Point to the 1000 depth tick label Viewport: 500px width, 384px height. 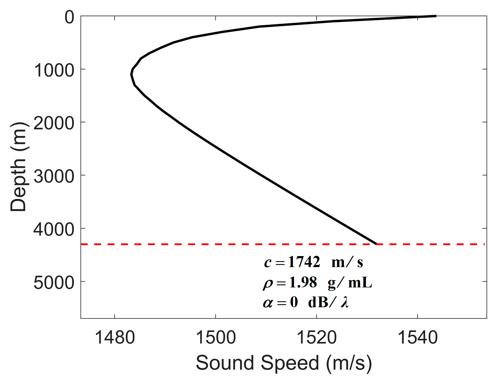point(54,71)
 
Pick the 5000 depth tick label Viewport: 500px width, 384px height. point(54,283)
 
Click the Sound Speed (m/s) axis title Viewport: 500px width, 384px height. point(284,363)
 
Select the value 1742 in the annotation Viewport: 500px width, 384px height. point(304,262)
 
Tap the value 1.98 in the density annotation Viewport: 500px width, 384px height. point(303,282)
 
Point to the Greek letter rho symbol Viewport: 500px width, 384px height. point(268,283)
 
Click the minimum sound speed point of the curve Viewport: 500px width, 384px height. point(131,74)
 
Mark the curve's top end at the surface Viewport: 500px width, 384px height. point(435,16)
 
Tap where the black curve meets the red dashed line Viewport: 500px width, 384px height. point(376,244)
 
